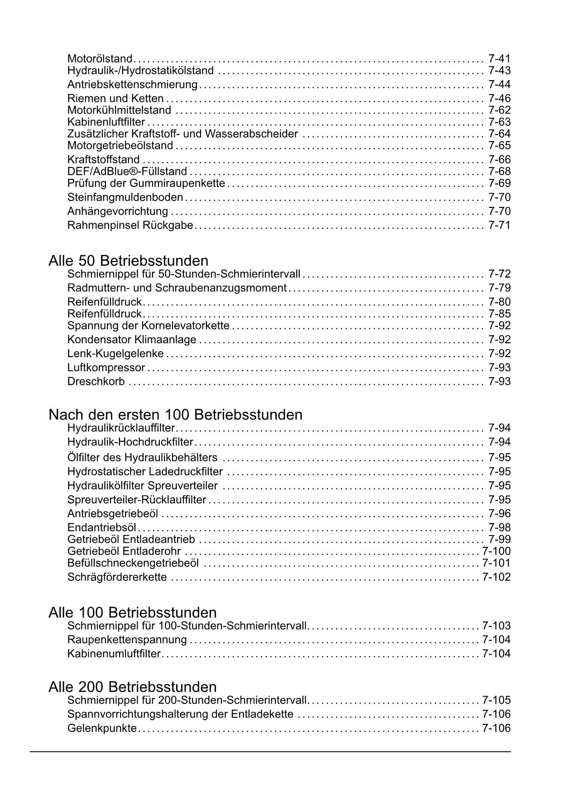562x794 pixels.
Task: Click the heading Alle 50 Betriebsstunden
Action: (x=128, y=261)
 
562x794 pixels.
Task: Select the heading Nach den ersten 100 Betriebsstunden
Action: (x=175, y=415)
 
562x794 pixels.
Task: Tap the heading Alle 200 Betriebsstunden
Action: (x=132, y=687)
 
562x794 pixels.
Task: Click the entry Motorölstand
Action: (x=100, y=58)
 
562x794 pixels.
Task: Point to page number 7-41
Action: (x=499, y=58)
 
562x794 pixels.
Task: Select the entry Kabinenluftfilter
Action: (x=106, y=122)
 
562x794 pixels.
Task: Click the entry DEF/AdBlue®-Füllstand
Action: (x=127, y=171)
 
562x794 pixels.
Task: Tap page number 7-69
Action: (x=499, y=183)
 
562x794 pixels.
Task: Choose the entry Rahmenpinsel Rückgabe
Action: (x=130, y=225)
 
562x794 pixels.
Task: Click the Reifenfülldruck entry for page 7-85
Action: (x=105, y=314)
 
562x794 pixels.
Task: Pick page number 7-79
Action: (x=499, y=288)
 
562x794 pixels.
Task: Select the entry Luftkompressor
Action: (x=106, y=368)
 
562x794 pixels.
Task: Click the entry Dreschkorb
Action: (x=96, y=382)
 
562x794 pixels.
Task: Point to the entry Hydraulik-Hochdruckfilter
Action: (x=130, y=442)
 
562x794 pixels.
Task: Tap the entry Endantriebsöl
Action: (x=102, y=527)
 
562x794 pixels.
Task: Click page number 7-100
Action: (x=496, y=551)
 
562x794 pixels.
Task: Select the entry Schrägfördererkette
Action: (x=117, y=577)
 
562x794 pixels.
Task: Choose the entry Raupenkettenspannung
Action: (x=127, y=640)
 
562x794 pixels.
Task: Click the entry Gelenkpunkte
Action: (x=102, y=728)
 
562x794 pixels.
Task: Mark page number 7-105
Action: (x=496, y=700)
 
